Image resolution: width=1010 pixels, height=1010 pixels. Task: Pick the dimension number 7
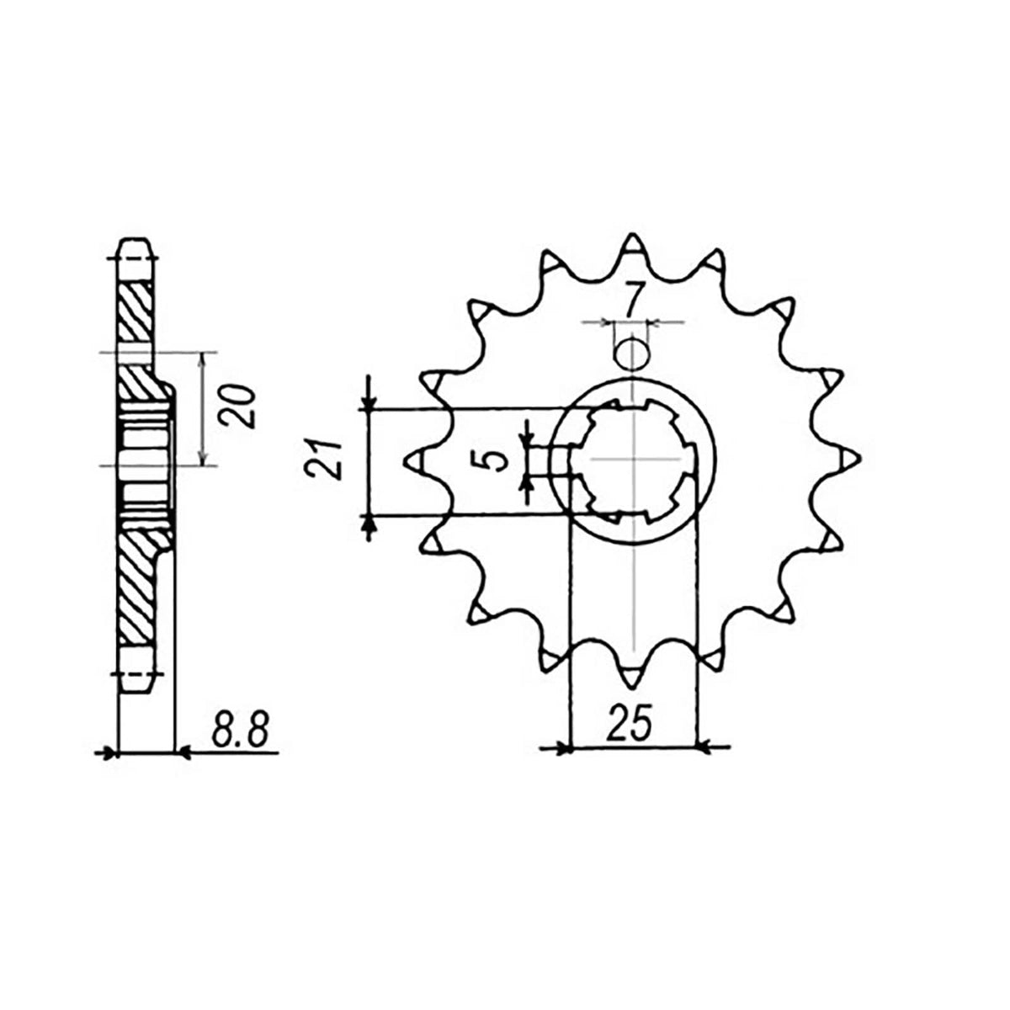coord(635,299)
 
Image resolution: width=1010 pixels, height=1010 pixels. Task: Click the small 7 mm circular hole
coord(631,353)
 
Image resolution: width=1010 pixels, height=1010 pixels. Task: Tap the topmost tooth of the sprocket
coord(633,247)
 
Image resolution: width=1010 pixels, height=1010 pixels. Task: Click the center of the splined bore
coord(633,460)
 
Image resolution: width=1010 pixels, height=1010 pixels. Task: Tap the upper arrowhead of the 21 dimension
coord(368,402)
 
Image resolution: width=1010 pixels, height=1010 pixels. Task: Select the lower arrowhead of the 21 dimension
coord(368,524)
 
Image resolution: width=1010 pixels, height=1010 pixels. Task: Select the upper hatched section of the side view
coord(136,311)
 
